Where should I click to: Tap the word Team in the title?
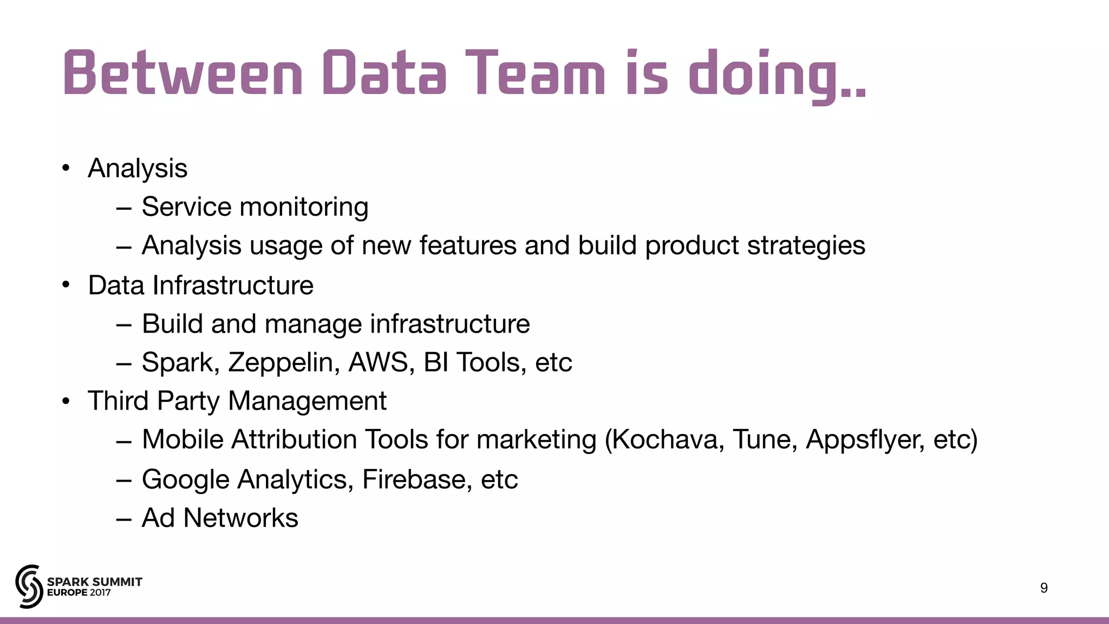click(x=534, y=73)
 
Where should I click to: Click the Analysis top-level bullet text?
click(x=138, y=168)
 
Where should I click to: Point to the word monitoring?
click(x=304, y=207)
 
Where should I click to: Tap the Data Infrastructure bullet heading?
click(x=200, y=285)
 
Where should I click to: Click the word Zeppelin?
click(x=284, y=362)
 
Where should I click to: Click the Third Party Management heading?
click(x=237, y=401)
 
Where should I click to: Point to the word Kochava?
click(x=669, y=439)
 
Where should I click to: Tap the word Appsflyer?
click(x=865, y=439)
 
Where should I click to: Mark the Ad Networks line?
click(x=219, y=518)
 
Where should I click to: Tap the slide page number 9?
click(x=1044, y=588)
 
